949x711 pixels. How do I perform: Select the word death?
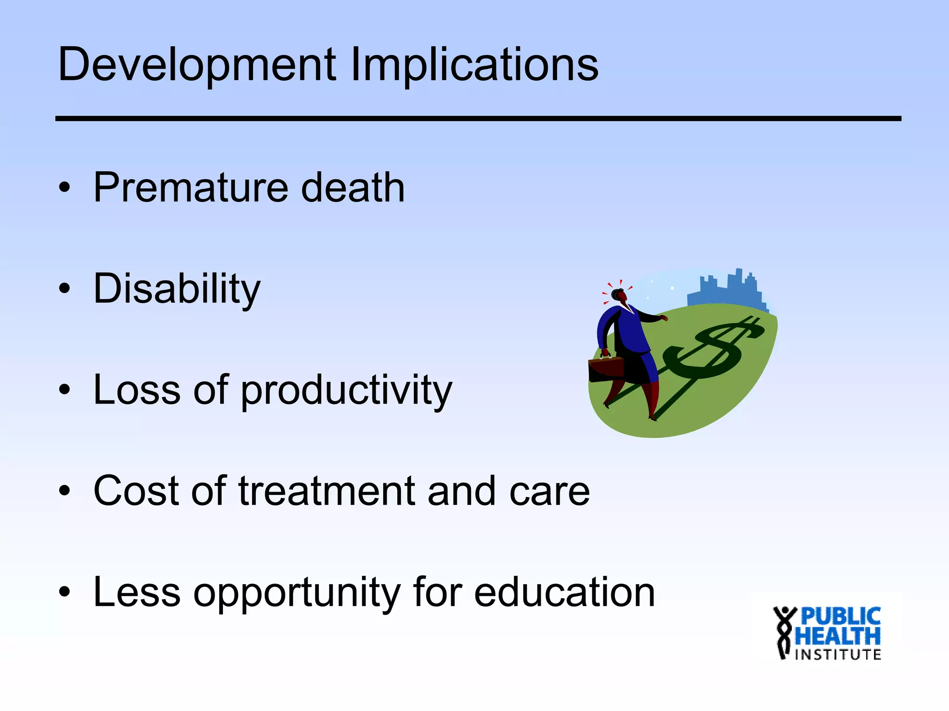(x=353, y=187)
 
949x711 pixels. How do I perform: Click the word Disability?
(x=177, y=289)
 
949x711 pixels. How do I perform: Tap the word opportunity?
(x=297, y=593)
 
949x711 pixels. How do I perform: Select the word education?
(x=564, y=592)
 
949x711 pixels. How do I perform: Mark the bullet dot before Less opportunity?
(x=64, y=592)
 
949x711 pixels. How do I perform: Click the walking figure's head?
(x=620, y=295)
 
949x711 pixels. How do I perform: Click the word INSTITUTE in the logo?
(x=838, y=655)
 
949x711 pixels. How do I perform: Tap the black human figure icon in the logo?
(x=784, y=632)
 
